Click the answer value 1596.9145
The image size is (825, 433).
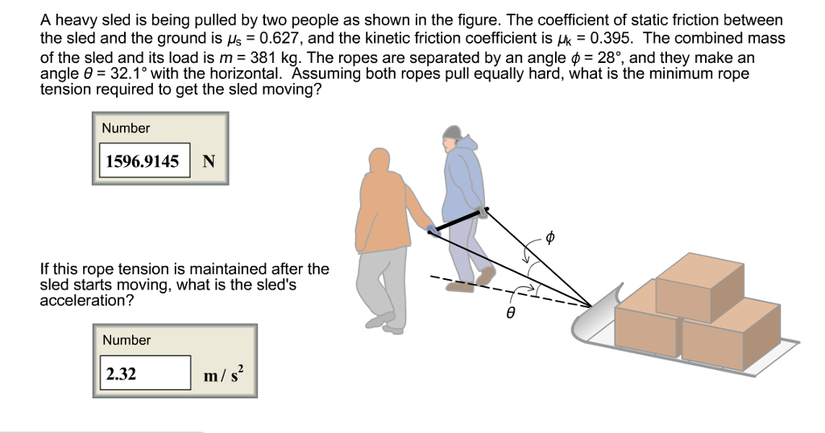pos(143,161)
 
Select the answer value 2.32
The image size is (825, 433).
pos(122,373)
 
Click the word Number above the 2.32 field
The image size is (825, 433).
pos(126,340)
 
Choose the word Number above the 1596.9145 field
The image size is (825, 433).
pos(126,128)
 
